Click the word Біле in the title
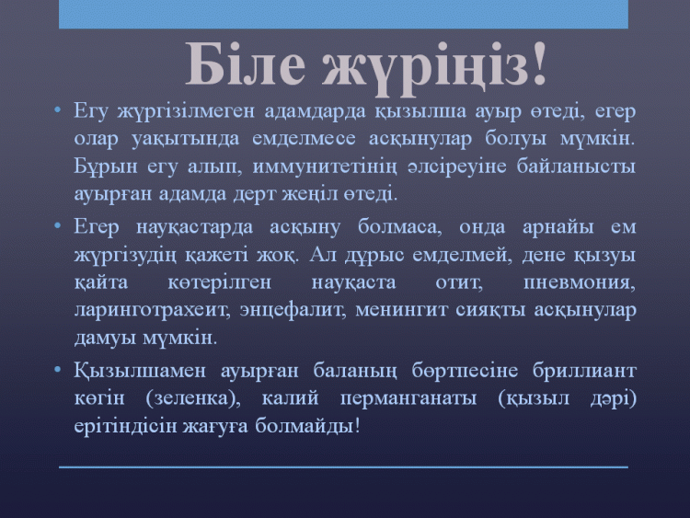click(245, 64)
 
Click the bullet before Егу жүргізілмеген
click(57, 109)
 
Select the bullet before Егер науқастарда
click(57, 225)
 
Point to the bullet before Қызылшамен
click(57, 370)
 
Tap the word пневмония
click(580, 282)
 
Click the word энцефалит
click(293, 311)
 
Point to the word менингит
click(401, 311)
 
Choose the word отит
click(459, 282)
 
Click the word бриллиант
click(584, 371)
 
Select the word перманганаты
click(408, 399)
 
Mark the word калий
click(290, 397)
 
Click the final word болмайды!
click(307, 426)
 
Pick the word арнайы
click(558, 228)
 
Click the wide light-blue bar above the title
click(343, 14)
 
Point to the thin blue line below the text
click(343, 467)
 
